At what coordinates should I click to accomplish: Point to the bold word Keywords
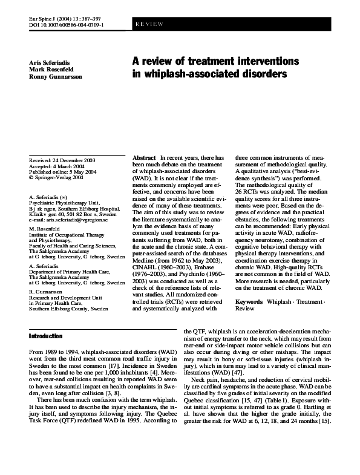point(249,301)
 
